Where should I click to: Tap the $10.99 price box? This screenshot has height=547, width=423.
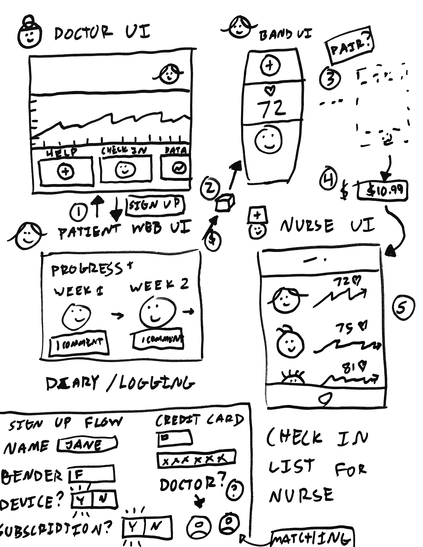382,191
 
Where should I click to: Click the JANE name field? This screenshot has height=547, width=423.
87,445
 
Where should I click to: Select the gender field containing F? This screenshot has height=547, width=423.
91,474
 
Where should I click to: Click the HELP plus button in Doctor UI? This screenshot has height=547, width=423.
66,172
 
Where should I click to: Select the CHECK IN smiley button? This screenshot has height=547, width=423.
125,169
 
